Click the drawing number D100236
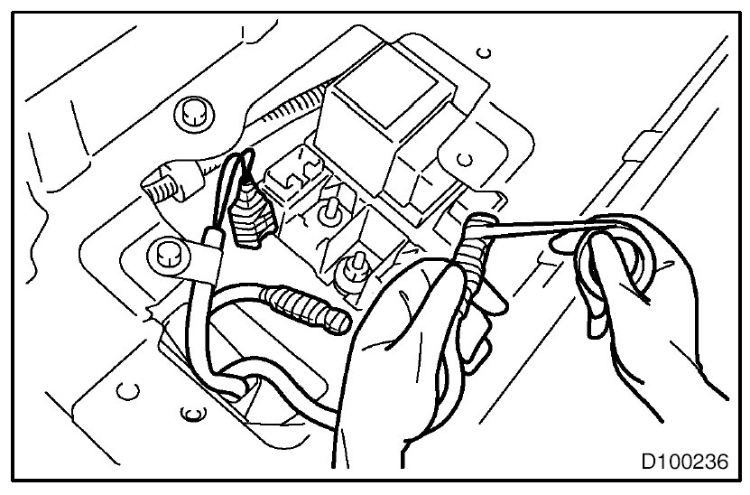click(x=684, y=462)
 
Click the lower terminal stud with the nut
click(x=355, y=268)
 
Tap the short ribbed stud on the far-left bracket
click(x=163, y=189)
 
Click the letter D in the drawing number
click(x=648, y=462)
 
